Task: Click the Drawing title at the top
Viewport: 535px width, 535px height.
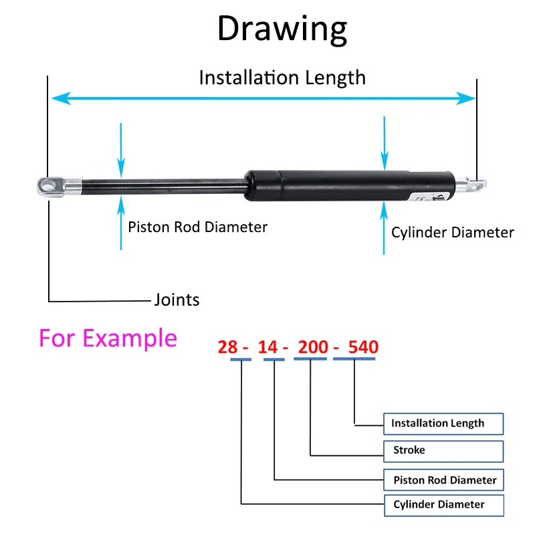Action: [282, 29]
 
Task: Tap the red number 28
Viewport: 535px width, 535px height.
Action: [227, 347]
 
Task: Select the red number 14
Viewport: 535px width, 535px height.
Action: [268, 347]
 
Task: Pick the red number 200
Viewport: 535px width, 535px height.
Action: [313, 347]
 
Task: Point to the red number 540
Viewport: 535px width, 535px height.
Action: [363, 347]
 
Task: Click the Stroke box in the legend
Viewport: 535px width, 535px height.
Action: [443, 451]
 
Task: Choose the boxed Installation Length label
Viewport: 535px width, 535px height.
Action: [443, 424]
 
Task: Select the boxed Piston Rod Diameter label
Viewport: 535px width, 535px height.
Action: [443, 480]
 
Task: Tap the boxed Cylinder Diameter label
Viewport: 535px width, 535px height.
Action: [444, 506]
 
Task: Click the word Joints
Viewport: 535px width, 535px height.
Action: [177, 300]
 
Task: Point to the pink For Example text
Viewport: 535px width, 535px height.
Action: [108, 338]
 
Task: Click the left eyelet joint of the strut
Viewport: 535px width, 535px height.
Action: [51, 187]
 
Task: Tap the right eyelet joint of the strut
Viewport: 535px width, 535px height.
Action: [476, 186]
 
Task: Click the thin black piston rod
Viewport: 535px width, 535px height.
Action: [163, 187]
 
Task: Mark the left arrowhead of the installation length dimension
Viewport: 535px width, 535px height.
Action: [62, 98]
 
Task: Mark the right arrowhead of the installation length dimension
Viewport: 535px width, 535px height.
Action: [465, 98]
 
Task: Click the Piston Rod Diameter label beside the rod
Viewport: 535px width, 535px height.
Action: [197, 227]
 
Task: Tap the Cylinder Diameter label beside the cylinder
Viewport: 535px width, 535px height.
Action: [453, 233]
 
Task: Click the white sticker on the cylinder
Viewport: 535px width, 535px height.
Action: [431, 197]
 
